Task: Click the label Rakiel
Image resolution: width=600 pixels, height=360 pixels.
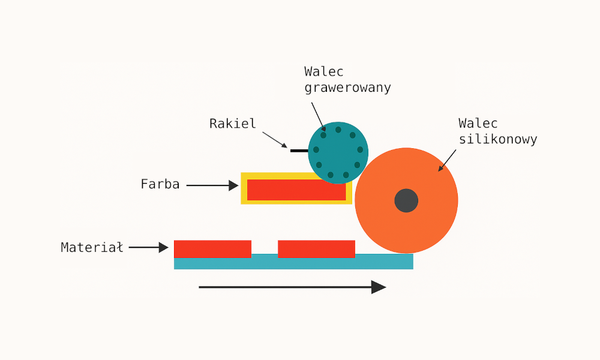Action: [233, 124]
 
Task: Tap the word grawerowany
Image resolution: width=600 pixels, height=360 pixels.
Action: [347, 88]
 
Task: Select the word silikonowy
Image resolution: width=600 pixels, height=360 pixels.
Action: [497, 139]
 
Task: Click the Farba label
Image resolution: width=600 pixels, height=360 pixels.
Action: [160, 184]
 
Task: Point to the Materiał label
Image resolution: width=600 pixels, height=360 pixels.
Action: [92, 247]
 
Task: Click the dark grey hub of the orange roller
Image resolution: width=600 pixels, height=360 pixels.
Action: [406, 200]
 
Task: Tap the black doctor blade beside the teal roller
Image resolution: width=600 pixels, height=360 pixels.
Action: [299, 151]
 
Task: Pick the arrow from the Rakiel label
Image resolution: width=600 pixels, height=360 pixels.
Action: [275, 140]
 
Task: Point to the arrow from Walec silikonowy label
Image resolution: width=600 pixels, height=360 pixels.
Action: [448, 160]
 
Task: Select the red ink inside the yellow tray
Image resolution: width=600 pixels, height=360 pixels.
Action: [296, 190]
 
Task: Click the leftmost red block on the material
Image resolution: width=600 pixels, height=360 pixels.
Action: [212, 248]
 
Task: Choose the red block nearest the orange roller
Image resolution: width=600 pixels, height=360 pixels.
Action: [316, 248]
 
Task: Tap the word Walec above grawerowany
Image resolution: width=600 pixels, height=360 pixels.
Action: [324, 72]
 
